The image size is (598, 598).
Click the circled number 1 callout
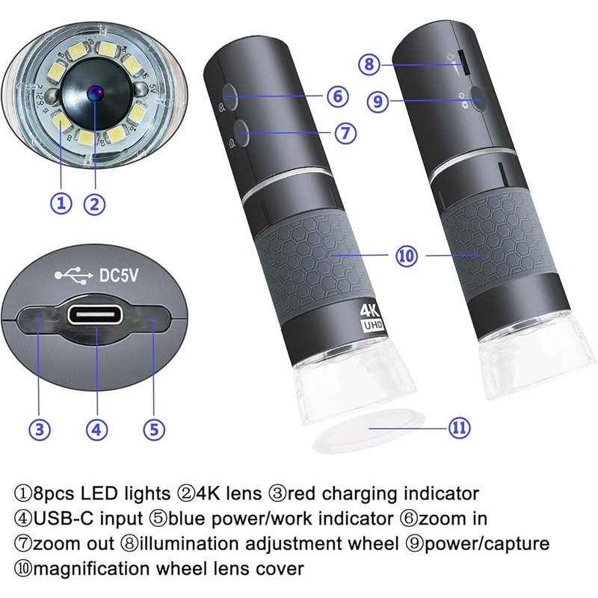61,203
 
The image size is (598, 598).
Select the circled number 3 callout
40,428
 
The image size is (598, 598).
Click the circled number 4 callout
96,428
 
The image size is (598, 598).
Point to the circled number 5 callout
153,428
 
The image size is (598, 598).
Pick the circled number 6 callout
337,96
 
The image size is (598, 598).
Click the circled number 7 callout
344,133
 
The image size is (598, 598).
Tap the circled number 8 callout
367,64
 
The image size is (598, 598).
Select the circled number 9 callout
378,101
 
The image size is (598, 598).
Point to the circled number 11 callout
459,428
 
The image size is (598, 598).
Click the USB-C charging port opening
96,313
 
